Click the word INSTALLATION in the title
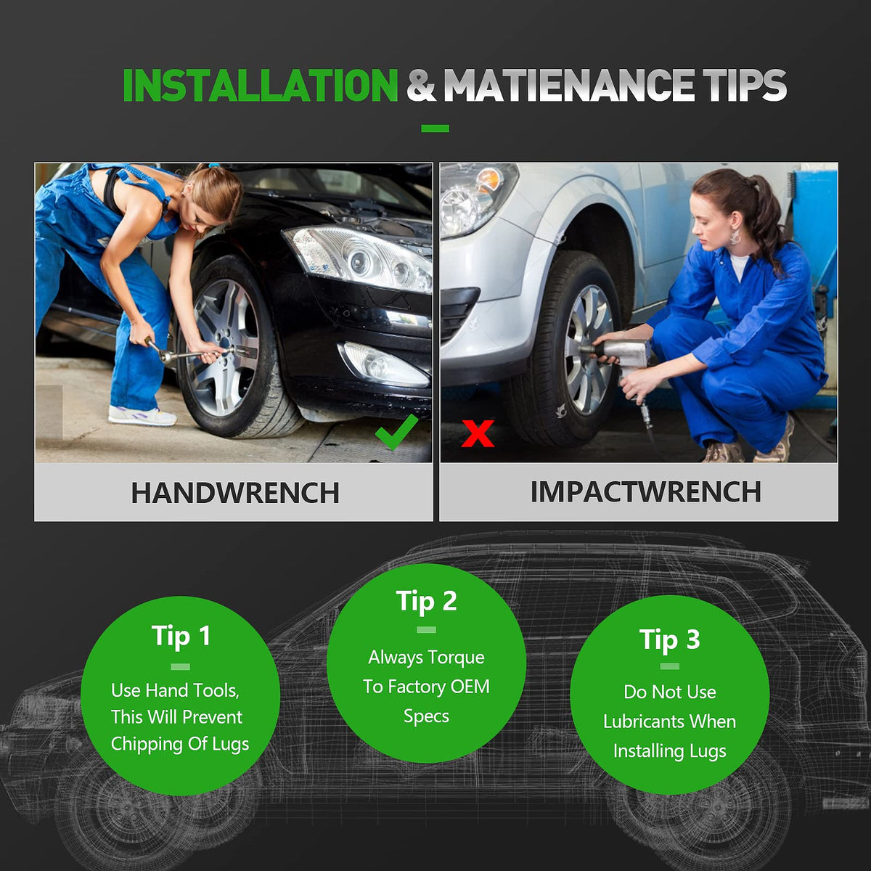[260, 86]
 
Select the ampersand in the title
[421, 86]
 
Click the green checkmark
[396, 432]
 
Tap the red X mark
[478, 433]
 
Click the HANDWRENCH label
[235, 493]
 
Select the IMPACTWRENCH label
[645, 492]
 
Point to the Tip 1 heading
[181, 637]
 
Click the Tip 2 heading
[426, 601]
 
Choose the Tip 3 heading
[669, 640]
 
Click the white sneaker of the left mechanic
[142, 415]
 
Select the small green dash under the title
[435, 128]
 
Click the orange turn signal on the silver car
[488, 180]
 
